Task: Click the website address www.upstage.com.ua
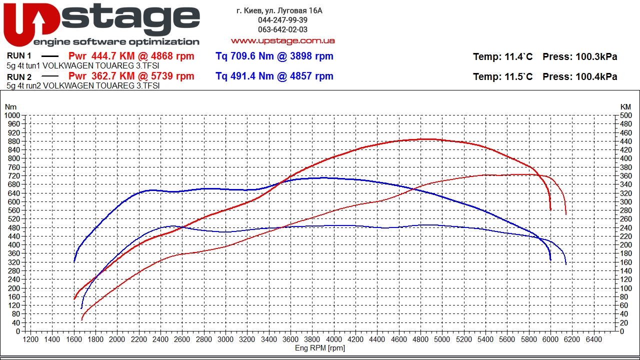282,41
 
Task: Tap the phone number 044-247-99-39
282,20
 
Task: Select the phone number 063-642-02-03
282,29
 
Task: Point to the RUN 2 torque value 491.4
243,76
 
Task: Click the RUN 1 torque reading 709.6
243,56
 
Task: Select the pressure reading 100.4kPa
596,76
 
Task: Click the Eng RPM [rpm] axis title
320,348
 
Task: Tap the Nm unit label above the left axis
10,107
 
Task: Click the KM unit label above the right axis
625,107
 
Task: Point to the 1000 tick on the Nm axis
12,115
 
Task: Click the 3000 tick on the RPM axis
225,339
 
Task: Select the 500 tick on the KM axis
625,115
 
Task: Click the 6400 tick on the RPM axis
593,339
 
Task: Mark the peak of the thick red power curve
426,139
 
